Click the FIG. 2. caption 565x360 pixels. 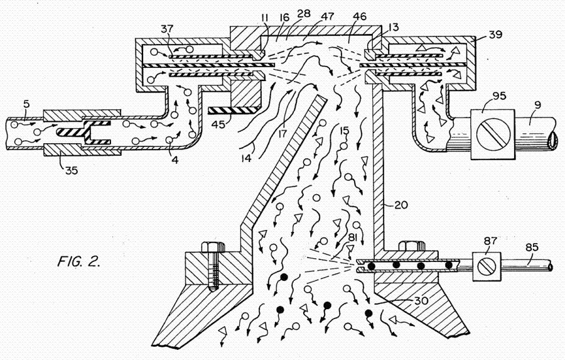coord(79,261)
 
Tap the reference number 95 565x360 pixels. coord(499,96)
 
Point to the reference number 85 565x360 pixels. coord(532,247)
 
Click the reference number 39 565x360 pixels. coord(495,35)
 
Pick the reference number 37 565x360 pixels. coord(167,28)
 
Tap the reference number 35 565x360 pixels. coord(71,170)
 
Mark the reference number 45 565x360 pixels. coord(218,124)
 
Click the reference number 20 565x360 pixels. coord(401,205)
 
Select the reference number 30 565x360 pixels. coord(421,300)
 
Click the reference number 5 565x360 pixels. coord(26,104)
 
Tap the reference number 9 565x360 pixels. coord(537,106)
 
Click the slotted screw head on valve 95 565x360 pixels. coord(493,133)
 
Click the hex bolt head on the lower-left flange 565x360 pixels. coord(213,247)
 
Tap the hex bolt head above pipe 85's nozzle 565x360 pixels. coord(411,246)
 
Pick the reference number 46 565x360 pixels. coord(360,16)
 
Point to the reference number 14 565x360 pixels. coord(247,158)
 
